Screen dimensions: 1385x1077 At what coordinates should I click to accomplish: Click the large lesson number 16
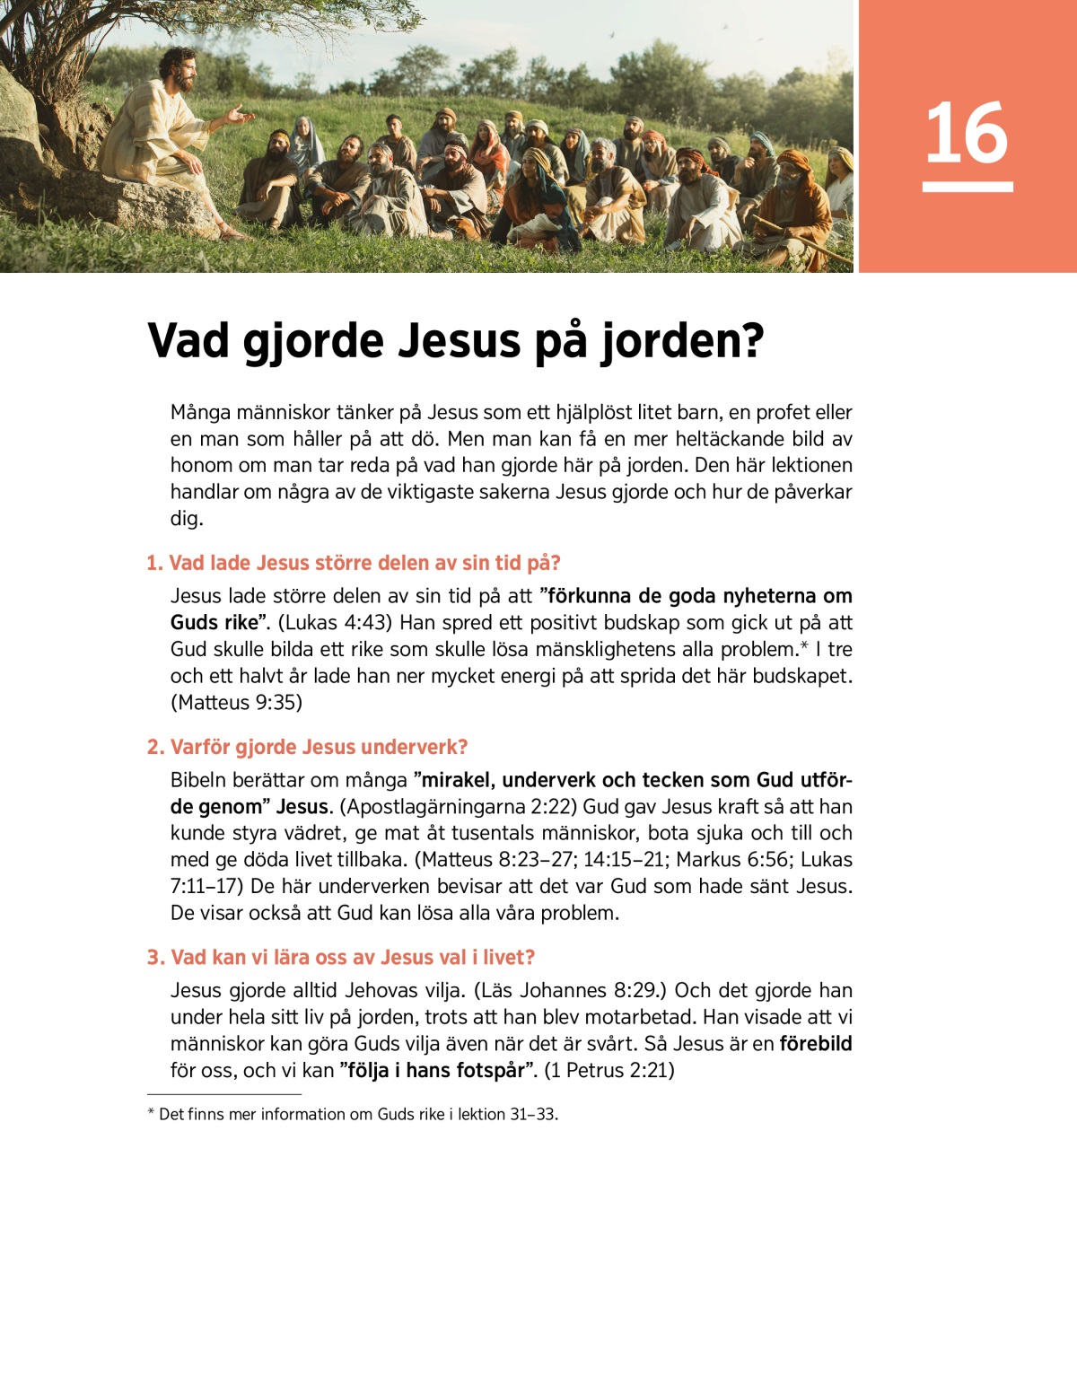tap(967, 133)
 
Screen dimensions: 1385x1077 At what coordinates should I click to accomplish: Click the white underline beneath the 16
tap(967, 187)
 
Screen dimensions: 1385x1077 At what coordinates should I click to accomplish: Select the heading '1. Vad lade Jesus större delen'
tap(354, 563)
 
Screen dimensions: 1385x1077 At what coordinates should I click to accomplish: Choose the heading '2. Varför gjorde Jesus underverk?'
tap(307, 747)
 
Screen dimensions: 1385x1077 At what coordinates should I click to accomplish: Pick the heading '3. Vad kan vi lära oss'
tap(341, 957)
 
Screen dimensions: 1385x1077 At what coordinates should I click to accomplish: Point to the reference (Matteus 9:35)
tap(236, 703)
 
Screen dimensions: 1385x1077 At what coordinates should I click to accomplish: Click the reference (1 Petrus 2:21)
tap(609, 1070)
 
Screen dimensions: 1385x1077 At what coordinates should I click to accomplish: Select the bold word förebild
tap(815, 1044)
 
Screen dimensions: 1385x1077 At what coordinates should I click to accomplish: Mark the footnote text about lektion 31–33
tap(358, 1114)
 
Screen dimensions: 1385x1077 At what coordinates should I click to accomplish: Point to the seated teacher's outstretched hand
tap(239, 114)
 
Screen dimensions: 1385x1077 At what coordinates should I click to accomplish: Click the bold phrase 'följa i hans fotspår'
tap(437, 1070)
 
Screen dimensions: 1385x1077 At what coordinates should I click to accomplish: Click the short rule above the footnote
tap(223, 1094)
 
